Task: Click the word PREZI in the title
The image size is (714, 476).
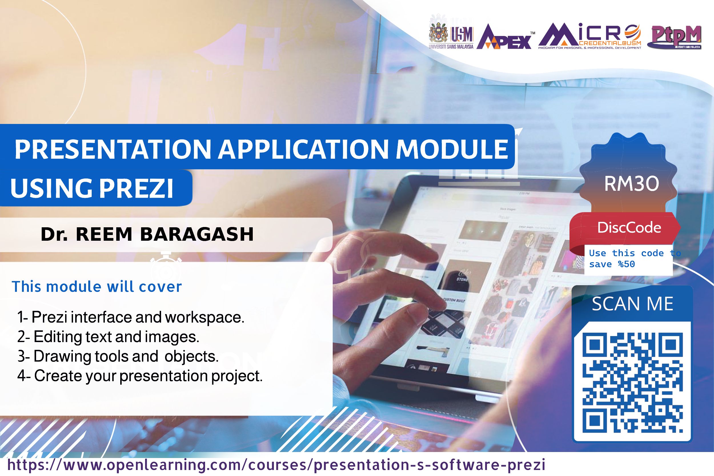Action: (x=136, y=188)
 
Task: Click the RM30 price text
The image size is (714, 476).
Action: (x=631, y=184)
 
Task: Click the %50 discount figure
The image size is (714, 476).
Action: (x=627, y=264)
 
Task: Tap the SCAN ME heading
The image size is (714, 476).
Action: (x=633, y=304)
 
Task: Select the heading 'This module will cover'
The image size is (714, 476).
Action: (x=97, y=287)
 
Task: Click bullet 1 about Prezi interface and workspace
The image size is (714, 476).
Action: (x=131, y=318)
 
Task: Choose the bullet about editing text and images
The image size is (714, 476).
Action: (x=108, y=337)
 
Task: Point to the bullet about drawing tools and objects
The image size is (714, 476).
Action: (x=118, y=356)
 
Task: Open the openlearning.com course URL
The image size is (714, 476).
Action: (x=276, y=465)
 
